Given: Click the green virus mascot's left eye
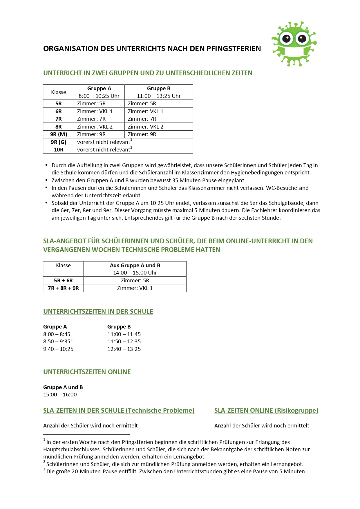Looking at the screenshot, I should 286,39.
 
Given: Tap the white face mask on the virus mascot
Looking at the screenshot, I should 294,52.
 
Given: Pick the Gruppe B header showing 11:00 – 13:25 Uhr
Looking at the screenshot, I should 159,92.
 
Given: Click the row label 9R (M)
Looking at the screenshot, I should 59,134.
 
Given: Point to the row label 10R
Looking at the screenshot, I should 59,150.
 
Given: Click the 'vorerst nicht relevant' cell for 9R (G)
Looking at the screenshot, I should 104,142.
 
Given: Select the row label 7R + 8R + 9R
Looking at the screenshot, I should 63,288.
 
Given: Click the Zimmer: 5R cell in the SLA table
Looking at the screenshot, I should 135,281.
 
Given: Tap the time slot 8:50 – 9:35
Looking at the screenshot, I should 57,342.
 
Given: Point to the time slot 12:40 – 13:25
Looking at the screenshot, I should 124,349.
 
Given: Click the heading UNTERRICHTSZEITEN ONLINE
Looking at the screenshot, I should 87,372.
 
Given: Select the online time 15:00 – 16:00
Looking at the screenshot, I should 60,395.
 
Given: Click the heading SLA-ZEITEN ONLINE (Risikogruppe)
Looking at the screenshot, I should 266,411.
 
